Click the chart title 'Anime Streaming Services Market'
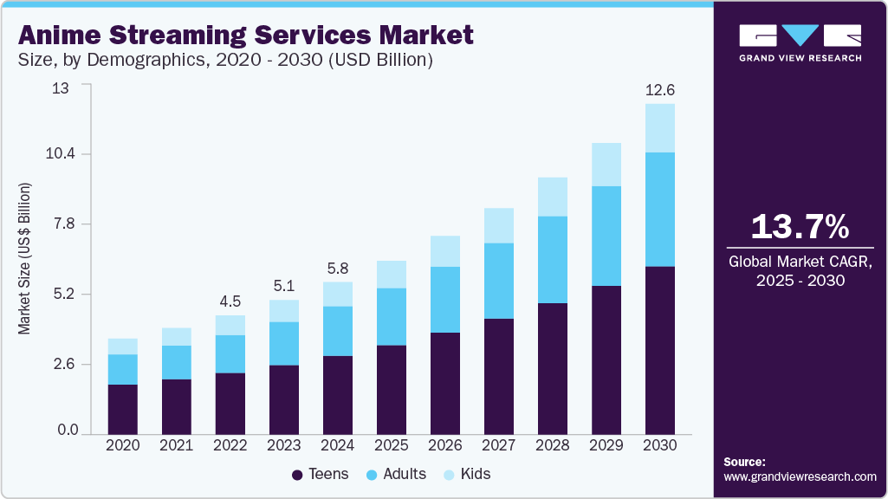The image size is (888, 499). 246,35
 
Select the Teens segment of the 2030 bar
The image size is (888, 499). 660,350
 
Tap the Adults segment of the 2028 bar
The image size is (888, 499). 553,260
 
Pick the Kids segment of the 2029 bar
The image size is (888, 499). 606,165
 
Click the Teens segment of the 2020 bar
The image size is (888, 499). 123,409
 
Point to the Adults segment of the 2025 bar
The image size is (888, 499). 392,316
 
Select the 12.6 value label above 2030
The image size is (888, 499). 660,89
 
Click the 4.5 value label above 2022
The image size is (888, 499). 230,301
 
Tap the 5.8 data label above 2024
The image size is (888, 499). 338,268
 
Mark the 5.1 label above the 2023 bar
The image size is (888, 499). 284,286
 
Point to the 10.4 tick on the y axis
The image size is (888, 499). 61,154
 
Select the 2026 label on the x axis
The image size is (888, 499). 445,444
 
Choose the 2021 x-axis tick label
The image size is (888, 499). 177,444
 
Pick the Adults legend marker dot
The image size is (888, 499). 374,475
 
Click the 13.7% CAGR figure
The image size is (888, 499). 799,227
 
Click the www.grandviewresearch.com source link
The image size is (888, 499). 800,476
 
